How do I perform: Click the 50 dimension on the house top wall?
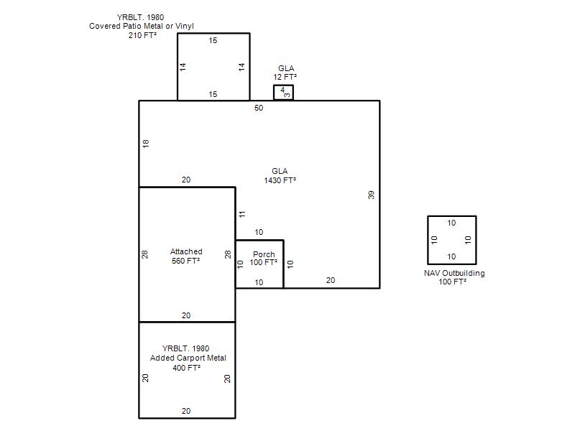click(259, 108)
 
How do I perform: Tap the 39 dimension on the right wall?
click(371, 195)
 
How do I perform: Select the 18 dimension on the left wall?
click(146, 143)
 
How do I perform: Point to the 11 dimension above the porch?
click(242, 214)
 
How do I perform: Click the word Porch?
click(264, 254)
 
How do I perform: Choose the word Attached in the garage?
click(186, 251)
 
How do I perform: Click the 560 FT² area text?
click(186, 261)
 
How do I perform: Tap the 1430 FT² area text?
click(280, 180)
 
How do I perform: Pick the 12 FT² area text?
click(285, 77)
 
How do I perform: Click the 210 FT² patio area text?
click(142, 35)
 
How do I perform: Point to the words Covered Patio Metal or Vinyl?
click(142, 26)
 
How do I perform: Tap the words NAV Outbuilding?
click(454, 273)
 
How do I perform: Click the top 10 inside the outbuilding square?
click(451, 223)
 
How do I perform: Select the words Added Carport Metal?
click(188, 358)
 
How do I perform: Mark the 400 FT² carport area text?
click(186, 368)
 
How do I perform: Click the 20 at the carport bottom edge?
click(186, 411)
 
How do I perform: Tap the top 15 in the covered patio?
click(213, 40)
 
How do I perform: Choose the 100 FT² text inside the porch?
click(263, 262)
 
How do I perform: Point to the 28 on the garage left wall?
click(145, 254)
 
